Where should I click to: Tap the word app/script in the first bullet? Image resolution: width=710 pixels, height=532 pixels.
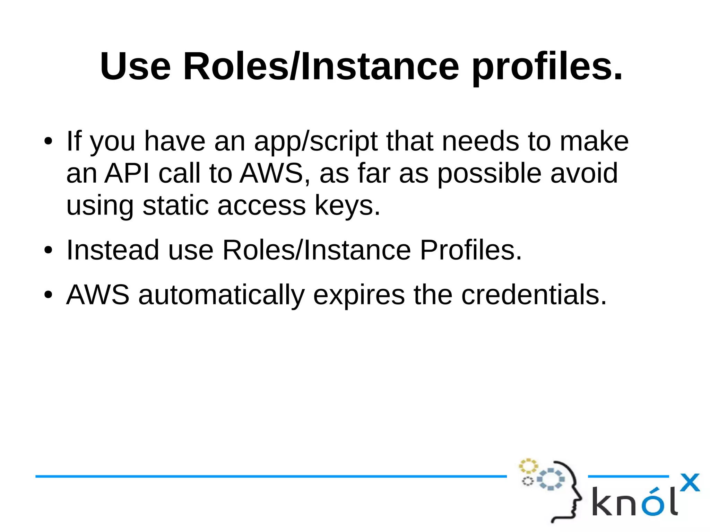pyautogui.click(x=315, y=142)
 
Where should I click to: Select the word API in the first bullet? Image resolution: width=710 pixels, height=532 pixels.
pyautogui.click(x=127, y=173)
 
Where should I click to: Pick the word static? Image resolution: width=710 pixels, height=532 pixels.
pyautogui.click(x=176, y=205)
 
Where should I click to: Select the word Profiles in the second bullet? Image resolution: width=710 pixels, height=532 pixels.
pyautogui.click(x=470, y=250)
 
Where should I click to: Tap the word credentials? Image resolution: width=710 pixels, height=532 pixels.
pyautogui.click(x=534, y=295)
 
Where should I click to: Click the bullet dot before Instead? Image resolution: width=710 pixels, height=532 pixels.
pyautogui.click(x=48, y=251)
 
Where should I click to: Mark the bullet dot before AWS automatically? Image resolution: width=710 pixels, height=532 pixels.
pyautogui.click(x=48, y=295)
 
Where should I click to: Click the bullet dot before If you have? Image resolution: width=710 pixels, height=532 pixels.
pyautogui.click(x=48, y=142)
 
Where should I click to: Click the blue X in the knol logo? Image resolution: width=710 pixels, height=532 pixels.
pyautogui.click(x=690, y=482)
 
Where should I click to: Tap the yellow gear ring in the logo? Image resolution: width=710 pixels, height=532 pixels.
pyautogui.click(x=528, y=466)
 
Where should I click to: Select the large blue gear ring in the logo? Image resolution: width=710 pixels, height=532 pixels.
pyautogui.click(x=551, y=479)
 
